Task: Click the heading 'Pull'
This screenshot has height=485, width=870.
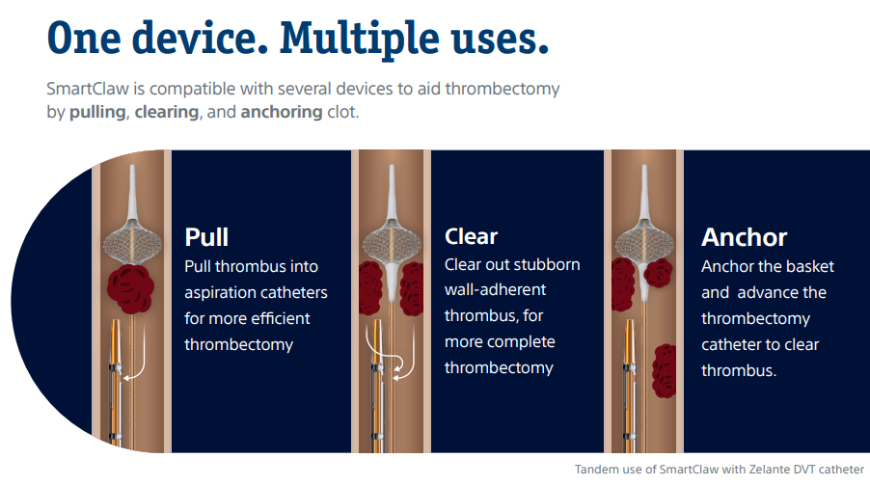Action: [206, 237]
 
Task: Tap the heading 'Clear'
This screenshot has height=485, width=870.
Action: [471, 236]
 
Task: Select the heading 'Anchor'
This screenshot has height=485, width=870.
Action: [744, 237]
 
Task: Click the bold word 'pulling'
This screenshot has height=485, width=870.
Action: [97, 112]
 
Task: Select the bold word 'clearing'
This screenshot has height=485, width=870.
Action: [167, 112]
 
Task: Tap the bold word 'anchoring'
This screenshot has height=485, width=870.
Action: [281, 112]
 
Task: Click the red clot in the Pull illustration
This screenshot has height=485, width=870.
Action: [131, 289]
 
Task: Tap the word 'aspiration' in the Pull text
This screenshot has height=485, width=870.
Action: [224, 292]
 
